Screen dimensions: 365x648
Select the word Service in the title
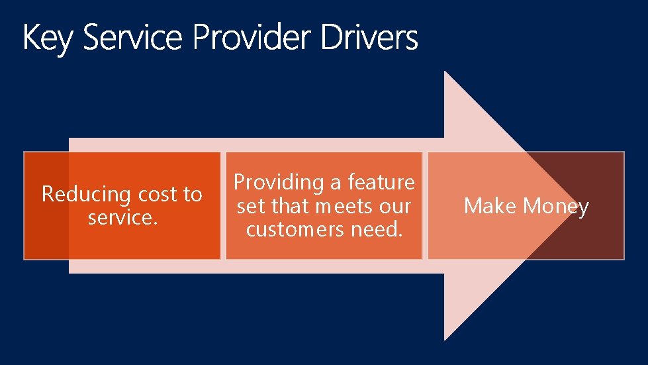click(x=132, y=38)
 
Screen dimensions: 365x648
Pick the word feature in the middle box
click(x=381, y=182)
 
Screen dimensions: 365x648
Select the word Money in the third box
click(x=556, y=207)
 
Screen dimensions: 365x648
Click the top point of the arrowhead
click(x=445, y=72)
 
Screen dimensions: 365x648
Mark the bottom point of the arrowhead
click(x=445, y=340)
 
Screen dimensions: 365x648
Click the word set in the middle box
click(x=251, y=206)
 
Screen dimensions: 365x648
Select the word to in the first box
click(x=192, y=194)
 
